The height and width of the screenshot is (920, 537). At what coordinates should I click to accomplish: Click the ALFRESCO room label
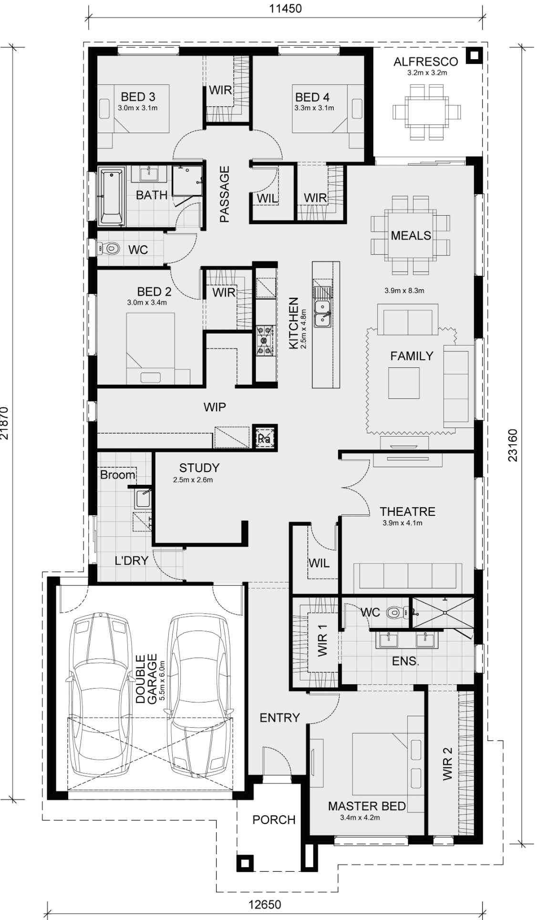(425, 62)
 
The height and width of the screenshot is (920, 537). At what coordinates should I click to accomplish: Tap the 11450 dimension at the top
(286, 8)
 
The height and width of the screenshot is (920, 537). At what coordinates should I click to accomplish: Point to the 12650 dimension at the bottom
(265, 904)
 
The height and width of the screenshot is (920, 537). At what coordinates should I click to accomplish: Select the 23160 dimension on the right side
(513, 446)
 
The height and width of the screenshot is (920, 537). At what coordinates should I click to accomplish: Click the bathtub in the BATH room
(111, 197)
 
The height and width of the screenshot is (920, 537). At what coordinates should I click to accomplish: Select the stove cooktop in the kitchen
(265, 341)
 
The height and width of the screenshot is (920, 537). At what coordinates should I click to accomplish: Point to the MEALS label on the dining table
(411, 235)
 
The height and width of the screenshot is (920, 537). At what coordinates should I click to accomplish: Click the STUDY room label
(199, 468)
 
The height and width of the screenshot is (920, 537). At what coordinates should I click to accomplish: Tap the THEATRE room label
(407, 512)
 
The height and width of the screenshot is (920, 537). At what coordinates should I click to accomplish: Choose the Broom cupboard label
(117, 475)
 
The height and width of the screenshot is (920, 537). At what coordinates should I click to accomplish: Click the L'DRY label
(132, 560)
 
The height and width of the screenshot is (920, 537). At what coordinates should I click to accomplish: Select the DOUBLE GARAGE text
(146, 679)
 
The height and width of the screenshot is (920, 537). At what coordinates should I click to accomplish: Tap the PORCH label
(274, 820)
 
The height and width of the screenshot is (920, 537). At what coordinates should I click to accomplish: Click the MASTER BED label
(367, 806)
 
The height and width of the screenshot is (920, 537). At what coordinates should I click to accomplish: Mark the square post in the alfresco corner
(474, 56)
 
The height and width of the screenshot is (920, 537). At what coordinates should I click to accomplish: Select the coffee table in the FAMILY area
(403, 383)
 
